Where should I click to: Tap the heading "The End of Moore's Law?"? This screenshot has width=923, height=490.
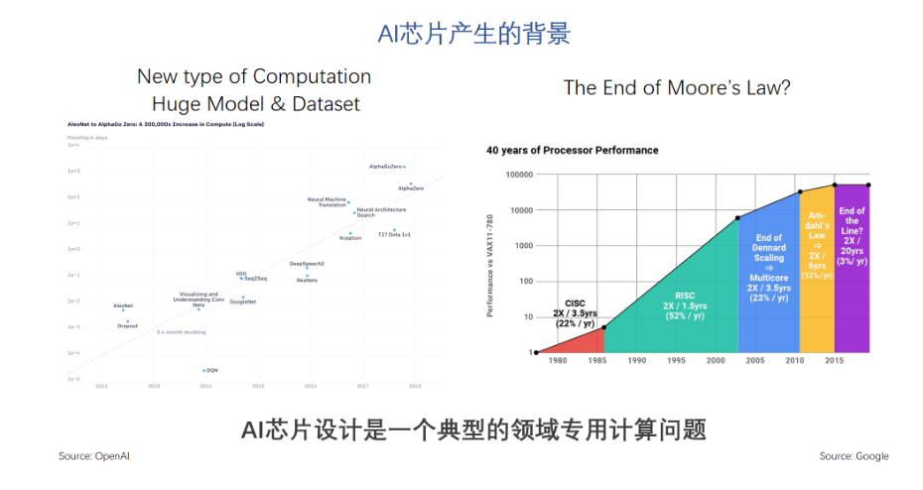pos(677,87)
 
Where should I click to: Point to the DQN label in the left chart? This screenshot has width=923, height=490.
pos(212,370)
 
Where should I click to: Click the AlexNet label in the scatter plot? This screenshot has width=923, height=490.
pos(123,306)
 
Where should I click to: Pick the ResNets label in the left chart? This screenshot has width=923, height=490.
pos(308,281)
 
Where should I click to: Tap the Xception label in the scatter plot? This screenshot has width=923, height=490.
pos(350,238)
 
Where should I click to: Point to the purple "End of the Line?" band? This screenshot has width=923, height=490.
pos(852,268)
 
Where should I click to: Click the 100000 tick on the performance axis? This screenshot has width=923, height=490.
pos(513,175)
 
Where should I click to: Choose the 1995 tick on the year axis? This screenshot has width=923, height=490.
pos(677,361)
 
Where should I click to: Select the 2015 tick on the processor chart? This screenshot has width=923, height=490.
pos(835,361)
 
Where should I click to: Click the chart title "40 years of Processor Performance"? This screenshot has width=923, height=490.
pos(572,151)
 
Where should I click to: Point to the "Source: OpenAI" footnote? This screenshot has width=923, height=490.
pos(94,456)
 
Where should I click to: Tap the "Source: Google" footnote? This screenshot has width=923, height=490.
pos(854,456)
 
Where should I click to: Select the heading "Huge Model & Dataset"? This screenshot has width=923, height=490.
pos(255,103)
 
